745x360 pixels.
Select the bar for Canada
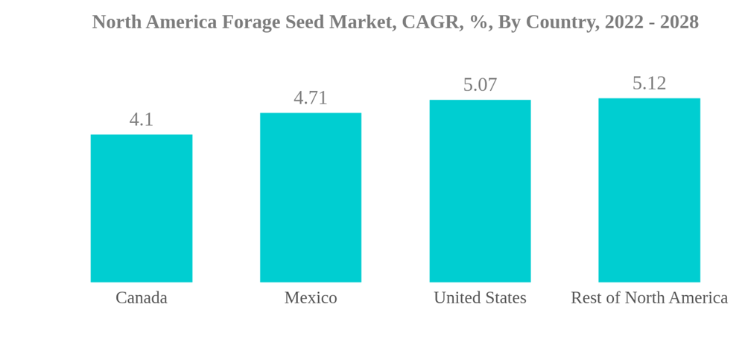click(x=142, y=208)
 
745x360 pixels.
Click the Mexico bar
click(x=311, y=198)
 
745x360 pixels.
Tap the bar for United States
click(x=480, y=191)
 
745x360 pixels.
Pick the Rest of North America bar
click(x=649, y=190)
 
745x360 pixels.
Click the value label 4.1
click(x=142, y=119)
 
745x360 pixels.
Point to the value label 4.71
click(x=311, y=98)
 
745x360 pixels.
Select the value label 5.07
click(x=480, y=85)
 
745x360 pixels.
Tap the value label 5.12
click(x=649, y=83)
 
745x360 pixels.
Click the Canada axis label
click(x=142, y=297)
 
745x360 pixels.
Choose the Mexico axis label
click(x=311, y=297)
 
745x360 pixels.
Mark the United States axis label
click(x=480, y=297)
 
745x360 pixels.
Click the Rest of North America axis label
click(x=649, y=297)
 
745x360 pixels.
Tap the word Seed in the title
click(x=305, y=22)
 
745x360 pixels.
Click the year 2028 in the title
click(x=679, y=22)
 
